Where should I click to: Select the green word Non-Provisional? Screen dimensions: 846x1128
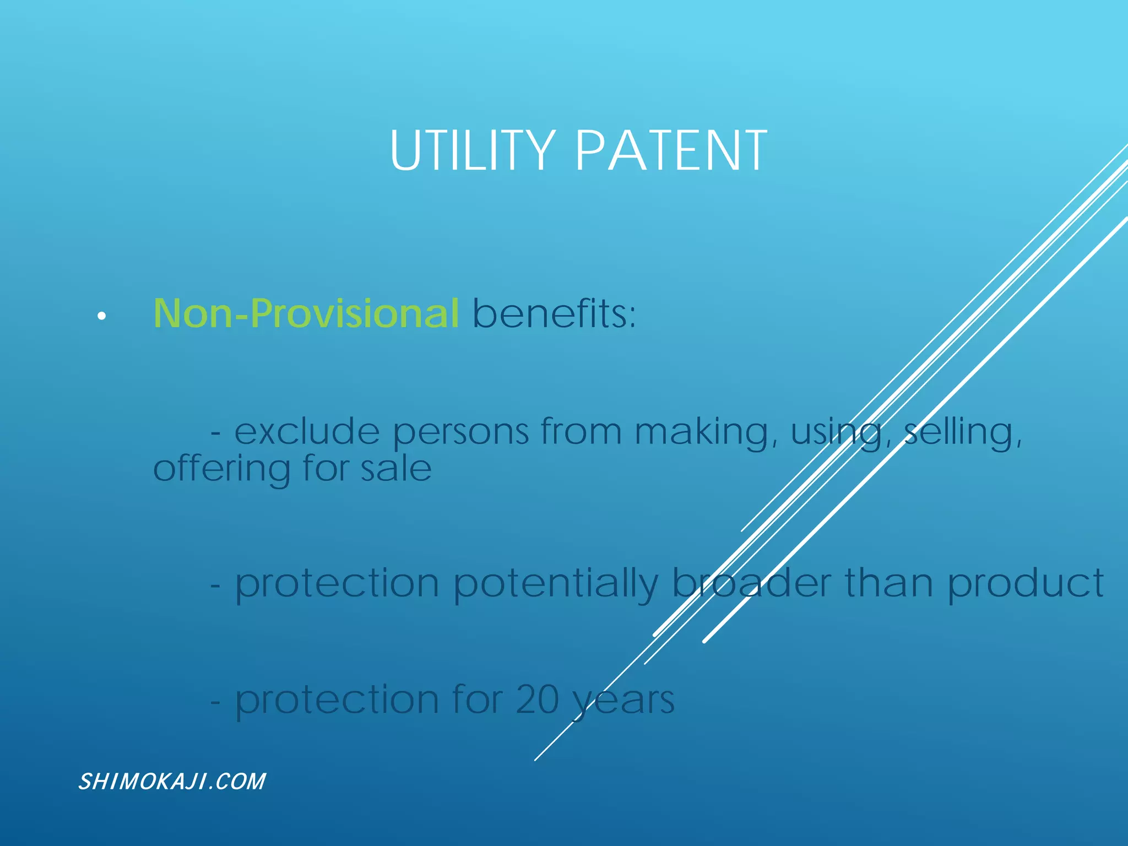pos(306,313)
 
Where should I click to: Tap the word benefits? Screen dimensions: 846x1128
pos(554,313)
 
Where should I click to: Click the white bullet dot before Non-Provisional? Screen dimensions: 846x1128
pos(101,316)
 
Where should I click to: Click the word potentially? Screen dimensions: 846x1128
pos(556,584)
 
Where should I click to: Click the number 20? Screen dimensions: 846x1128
pos(538,700)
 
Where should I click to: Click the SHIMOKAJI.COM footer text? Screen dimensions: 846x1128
pos(172,782)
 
